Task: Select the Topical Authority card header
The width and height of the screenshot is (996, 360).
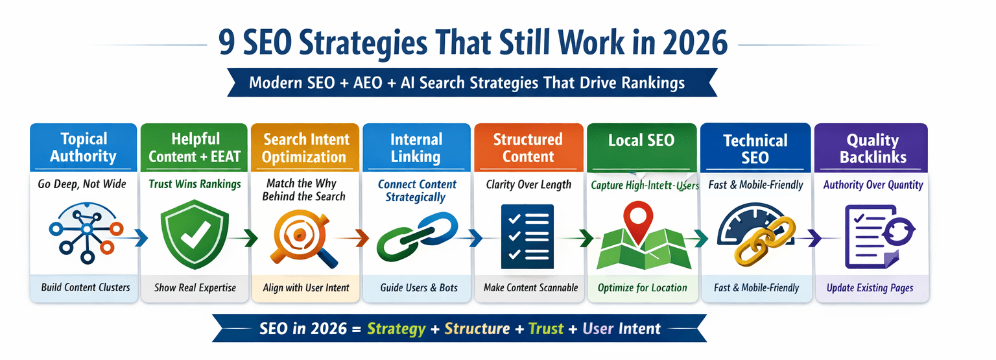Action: tap(84, 147)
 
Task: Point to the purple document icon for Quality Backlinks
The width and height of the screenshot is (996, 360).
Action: tap(870, 237)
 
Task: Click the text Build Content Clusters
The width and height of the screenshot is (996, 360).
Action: tap(85, 287)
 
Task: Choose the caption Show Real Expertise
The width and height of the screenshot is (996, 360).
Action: tap(195, 287)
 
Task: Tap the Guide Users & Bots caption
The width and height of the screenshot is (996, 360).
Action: tap(419, 287)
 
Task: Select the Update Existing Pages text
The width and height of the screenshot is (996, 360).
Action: tap(870, 287)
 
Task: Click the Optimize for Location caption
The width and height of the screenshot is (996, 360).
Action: tap(642, 287)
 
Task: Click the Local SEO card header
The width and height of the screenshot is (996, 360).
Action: tap(641, 140)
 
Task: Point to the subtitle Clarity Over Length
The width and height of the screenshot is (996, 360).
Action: tap(528, 184)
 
